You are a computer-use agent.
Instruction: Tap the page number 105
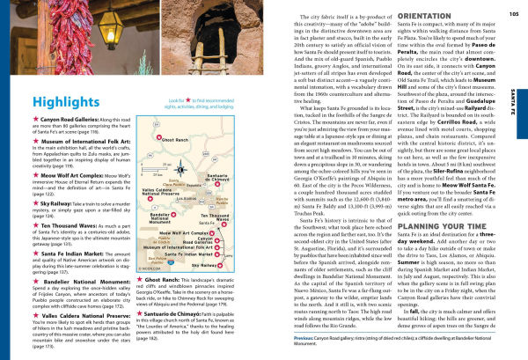click(x=513, y=14)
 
